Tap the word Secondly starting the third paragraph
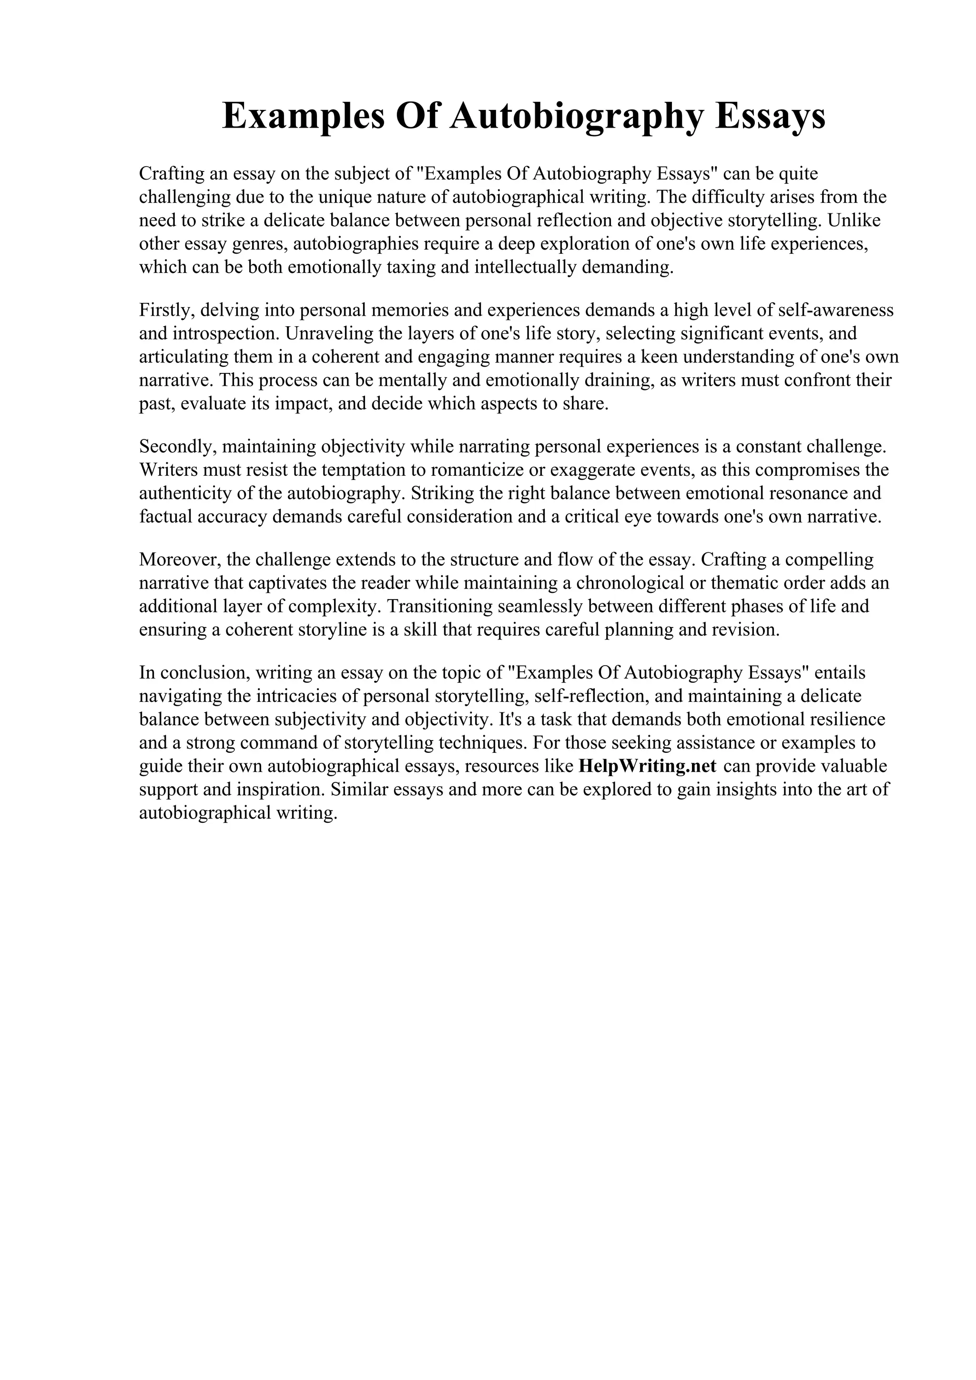click(178, 447)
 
